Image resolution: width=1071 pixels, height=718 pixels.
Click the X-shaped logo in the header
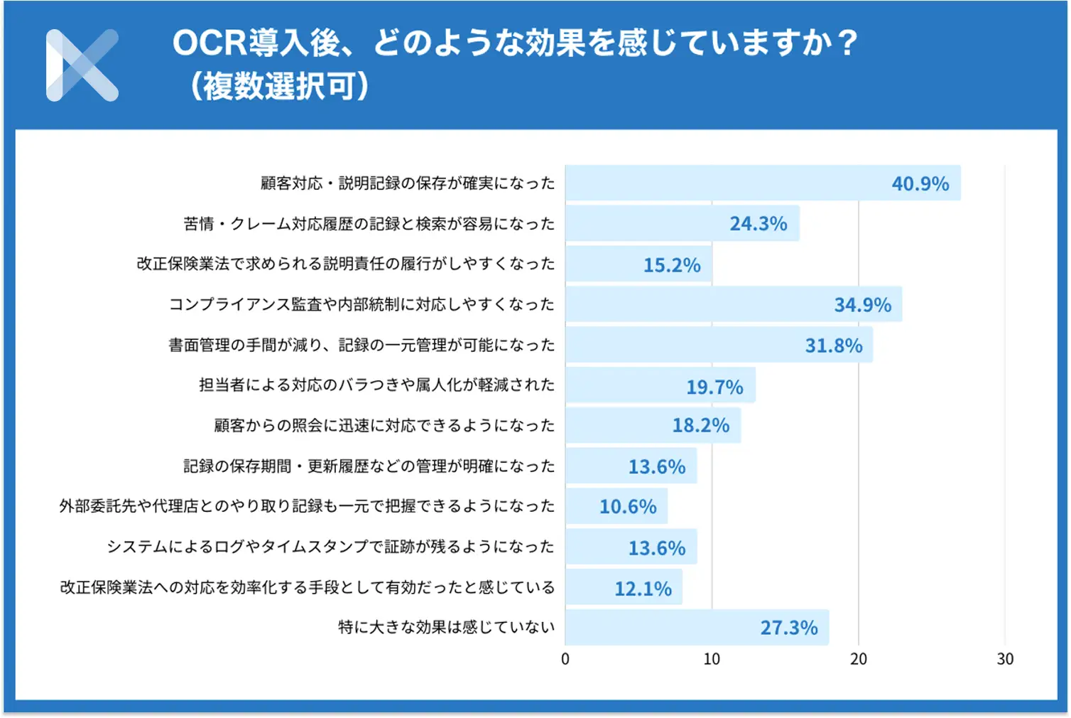pos(82,65)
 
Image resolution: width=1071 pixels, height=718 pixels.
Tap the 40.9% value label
pos(920,184)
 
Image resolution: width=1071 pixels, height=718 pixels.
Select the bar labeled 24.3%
pos(682,224)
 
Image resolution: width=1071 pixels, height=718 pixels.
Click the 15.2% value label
pos(672,265)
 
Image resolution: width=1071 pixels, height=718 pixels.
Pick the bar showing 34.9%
pos(734,304)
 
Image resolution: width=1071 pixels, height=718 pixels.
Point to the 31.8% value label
pos(833,345)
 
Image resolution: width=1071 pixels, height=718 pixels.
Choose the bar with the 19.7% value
pos(660,385)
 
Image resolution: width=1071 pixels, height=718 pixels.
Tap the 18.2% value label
pos(701,425)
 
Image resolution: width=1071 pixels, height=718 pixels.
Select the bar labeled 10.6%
pos(616,506)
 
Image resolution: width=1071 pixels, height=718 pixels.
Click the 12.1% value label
pos(643,589)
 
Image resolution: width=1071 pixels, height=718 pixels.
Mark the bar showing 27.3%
pos(697,628)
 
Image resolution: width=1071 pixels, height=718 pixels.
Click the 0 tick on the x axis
pos(565,659)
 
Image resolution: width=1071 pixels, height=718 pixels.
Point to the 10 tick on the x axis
pos(712,659)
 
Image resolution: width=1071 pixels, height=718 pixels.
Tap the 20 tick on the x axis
pos(859,659)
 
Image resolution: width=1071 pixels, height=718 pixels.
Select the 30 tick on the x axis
pos(1005,659)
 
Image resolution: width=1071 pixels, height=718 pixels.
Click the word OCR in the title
pos(210,43)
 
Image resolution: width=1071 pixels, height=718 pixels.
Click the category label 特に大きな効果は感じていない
pos(446,628)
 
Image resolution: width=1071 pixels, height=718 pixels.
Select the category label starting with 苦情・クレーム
pos(369,224)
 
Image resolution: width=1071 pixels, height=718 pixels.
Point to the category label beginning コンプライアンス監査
pos(361,305)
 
